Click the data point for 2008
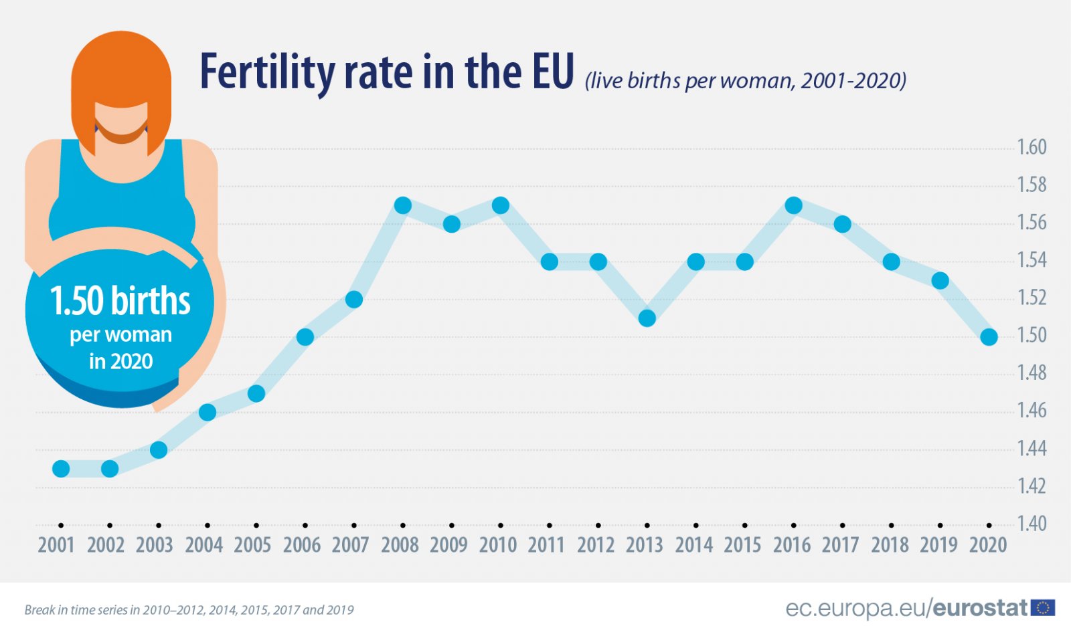[x=403, y=205]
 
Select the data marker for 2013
[x=647, y=318]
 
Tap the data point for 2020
[x=989, y=337]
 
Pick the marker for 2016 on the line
[x=794, y=205]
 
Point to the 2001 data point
[x=61, y=469]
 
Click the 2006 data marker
[x=305, y=337]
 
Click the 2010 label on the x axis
[x=497, y=545]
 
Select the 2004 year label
[x=203, y=545]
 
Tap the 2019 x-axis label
[x=938, y=545]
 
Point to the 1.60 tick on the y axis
[x=1032, y=147]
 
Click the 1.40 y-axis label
[x=1032, y=523]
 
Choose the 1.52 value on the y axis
[x=1032, y=298]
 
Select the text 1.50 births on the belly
[x=120, y=301]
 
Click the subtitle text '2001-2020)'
[x=853, y=81]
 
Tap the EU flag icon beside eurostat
[x=1043, y=607]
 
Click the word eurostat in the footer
[x=980, y=608]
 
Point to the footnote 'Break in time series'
[x=80, y=610]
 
